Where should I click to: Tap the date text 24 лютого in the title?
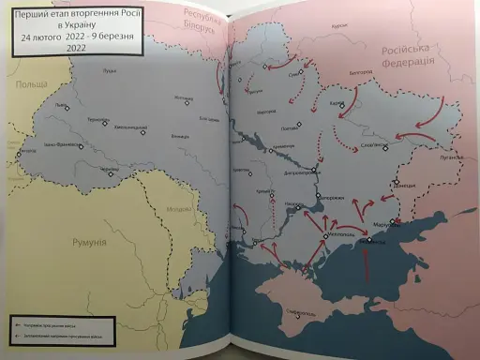47,39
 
